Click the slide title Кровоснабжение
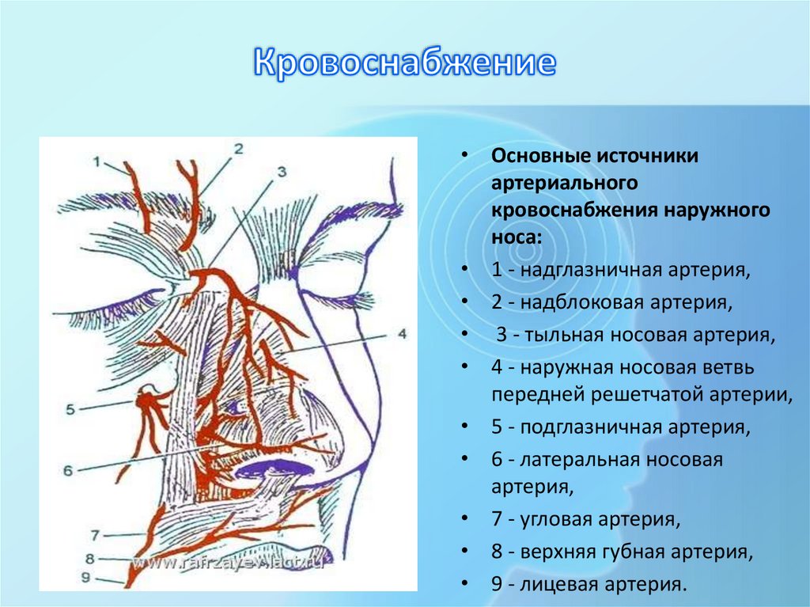[x=404, y=64]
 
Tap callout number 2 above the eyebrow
[x=238, y=148]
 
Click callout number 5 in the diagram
[x=70, y=409]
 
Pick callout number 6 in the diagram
[x=68, y=469]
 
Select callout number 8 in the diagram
[x=91, y=557]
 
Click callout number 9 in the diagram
[x=86, y=578]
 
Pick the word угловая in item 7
[x=554, y=520]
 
